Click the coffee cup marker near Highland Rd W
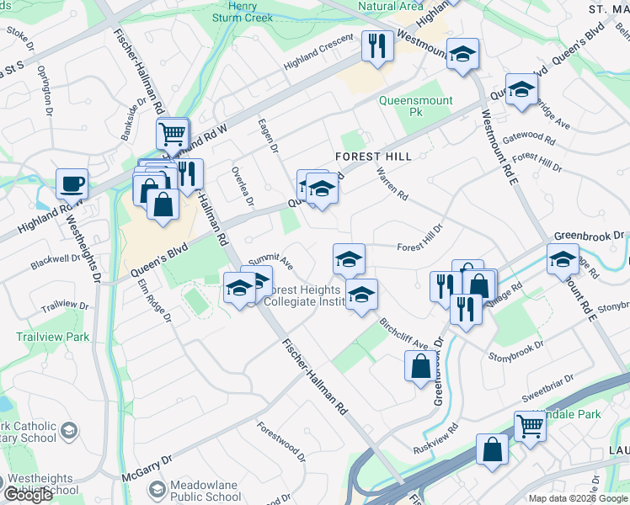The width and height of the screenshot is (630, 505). tap(72, 184)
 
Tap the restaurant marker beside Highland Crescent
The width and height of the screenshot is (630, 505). tap(377, 45)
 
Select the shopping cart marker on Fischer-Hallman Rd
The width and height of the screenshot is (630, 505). tap(172, 134)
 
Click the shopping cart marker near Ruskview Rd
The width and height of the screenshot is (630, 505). tap(530, 426)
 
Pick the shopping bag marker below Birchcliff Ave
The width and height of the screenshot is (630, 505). tap(420, 367)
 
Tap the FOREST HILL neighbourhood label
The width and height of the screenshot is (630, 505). tap(373, 157)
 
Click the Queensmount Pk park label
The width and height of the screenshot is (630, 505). tap(415, 106)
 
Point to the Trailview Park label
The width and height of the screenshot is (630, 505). tap(52, 337)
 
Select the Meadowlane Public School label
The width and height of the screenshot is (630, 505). tap(206, 491)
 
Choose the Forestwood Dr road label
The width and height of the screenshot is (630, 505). tap(282, 443)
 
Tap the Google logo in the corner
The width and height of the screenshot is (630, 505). tap(27, 495)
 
